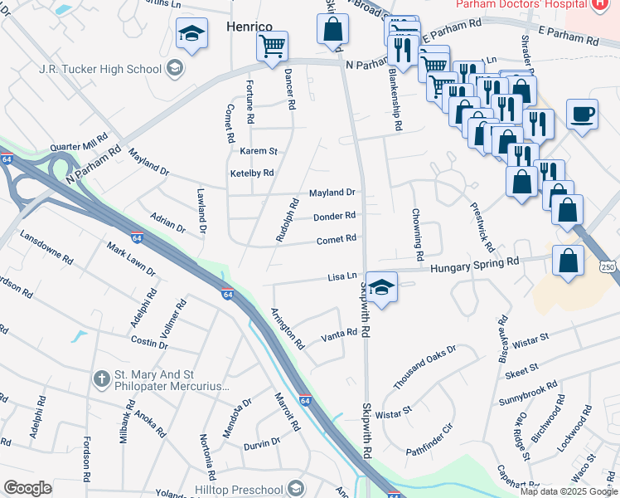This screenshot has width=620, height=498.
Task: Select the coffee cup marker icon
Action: (582, 114)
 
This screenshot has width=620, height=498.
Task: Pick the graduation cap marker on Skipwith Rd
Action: (381, 288)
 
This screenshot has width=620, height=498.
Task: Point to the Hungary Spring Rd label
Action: (473, 261)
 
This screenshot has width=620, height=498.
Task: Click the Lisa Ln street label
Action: (342, 276)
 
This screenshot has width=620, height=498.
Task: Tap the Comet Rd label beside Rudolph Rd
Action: (337, 239)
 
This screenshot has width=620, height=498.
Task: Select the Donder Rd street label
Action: (334, 217)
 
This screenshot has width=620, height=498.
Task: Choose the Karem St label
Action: (258, 152)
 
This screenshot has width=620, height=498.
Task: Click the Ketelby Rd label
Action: (252, 173)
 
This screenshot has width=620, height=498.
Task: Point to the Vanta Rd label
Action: (340, 333)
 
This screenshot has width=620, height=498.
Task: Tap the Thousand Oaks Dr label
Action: (424, 368)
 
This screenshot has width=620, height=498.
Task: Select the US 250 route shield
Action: (608, 266)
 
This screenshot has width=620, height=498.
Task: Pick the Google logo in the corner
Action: (27, 488)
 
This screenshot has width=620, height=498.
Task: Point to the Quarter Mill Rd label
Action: (80, 142)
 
